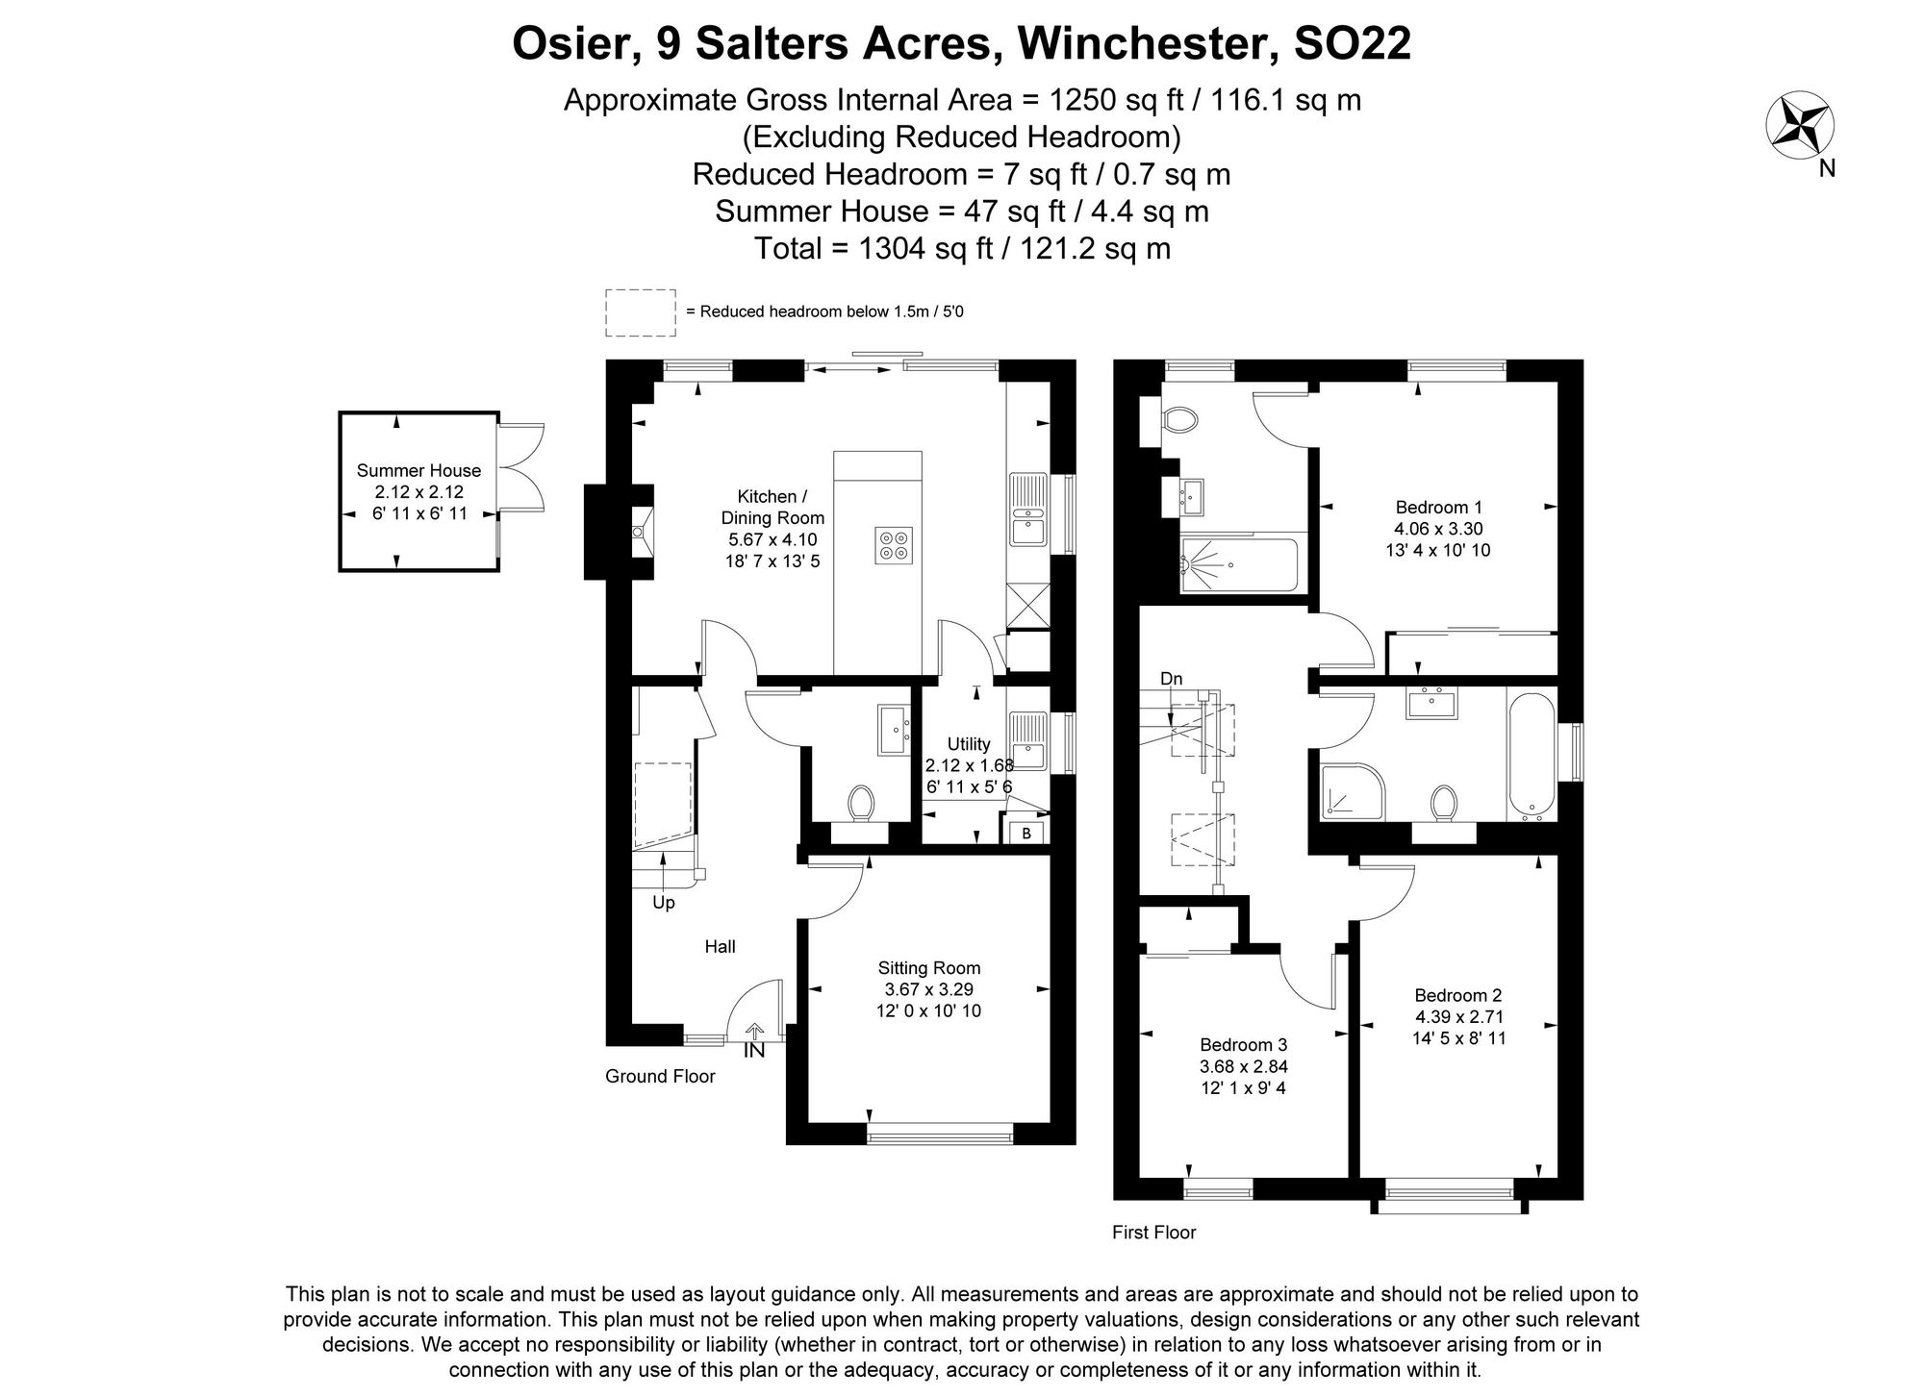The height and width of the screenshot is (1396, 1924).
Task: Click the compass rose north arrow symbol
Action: pos(1799,126)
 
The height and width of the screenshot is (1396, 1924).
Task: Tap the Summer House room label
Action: pos(418,470)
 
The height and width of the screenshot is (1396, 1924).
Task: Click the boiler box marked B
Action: pos(1026,833)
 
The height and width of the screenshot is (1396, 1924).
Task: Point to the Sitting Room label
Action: pos(928,968)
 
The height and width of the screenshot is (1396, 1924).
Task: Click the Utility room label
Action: pos(968,744)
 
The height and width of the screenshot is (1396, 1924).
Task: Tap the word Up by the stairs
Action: pos(664,903)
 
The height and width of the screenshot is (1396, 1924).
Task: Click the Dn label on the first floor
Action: pos(1171,679)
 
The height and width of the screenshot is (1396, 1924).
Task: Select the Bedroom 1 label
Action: pos(1438,508)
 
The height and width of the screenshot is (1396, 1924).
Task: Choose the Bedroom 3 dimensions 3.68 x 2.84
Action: pos(1243,1066)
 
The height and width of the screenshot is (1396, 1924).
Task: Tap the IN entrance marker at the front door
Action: pos(754,1051)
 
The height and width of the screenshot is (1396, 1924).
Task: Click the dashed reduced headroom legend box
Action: pos(640,312)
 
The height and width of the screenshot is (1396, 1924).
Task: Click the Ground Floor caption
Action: pos(660,1077)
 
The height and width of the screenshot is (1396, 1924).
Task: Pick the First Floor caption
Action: pos(1153,1233)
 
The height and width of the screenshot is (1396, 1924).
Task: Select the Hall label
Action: pos(720,947)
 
